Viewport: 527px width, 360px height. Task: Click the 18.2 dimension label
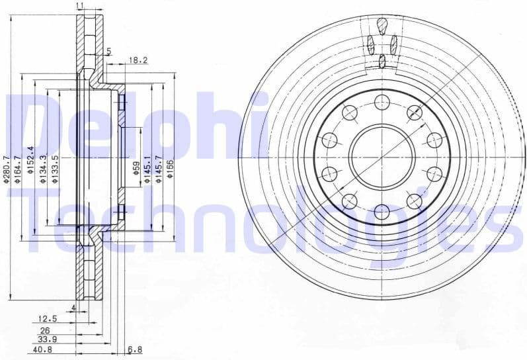tap(138, 60)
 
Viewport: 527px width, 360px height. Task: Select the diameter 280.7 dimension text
tap(8, 169)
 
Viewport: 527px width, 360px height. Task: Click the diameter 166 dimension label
tap(171, 169)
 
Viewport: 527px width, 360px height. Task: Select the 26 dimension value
tap(45, 330)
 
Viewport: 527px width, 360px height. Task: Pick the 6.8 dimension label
tap(135, 349)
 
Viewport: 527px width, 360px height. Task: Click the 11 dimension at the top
tap(80, 5)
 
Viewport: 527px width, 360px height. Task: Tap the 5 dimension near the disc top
tap(109, 51)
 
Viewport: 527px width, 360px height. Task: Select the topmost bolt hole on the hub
tap(382, 102)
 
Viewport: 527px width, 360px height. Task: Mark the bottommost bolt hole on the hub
tap(382, 212)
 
